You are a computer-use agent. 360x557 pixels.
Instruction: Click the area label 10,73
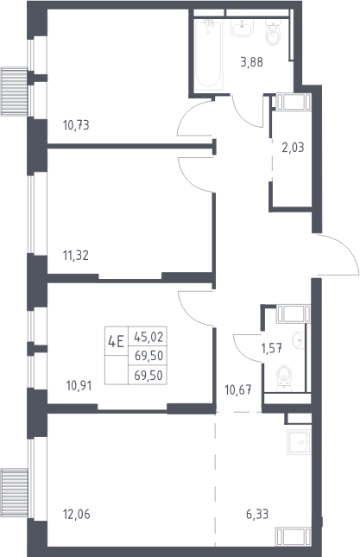coord(76,125)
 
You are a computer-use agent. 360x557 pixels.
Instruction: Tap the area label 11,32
coord(76,255)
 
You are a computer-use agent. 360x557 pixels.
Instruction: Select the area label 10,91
coord(79,385)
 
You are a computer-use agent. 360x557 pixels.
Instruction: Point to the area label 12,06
coord(76,514)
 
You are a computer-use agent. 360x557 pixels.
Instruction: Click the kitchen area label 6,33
coord(257,514)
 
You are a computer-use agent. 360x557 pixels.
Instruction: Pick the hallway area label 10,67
coord(238,390)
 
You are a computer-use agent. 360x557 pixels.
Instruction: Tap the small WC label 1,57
coord(272,349)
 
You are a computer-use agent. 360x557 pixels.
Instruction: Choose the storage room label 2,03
coord(294,147)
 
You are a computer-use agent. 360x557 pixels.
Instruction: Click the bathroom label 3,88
coord(252,62)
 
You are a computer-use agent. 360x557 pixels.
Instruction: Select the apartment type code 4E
coord(116,343)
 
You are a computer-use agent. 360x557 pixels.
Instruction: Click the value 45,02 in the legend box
coord(148,337)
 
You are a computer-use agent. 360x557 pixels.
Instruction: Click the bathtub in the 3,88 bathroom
coord(208,55)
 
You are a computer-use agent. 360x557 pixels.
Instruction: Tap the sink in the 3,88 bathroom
coord(242,28)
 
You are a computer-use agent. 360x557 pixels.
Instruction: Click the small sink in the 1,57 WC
coord(298,340)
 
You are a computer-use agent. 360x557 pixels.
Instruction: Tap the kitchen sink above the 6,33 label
coord(299,442)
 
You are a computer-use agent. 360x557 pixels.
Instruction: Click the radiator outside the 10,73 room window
coord(14,92)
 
